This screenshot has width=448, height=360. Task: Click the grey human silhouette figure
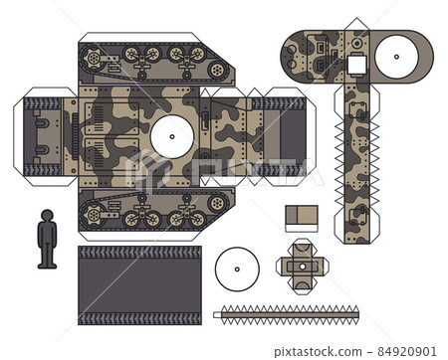pyautogui.click(x=47, y=238)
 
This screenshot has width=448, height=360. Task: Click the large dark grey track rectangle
pyautogui.click(x=139, y=284)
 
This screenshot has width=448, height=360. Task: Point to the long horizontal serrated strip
pyautogui.click(x=287, y=314)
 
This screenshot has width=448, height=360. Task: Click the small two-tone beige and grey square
pyautogui.click(x=301, y=218)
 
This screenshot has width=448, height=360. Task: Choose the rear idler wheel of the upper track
pyautogui.click(x=216, y=70)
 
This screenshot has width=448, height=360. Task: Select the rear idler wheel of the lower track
pyautogui.click(x=216, y=203)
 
